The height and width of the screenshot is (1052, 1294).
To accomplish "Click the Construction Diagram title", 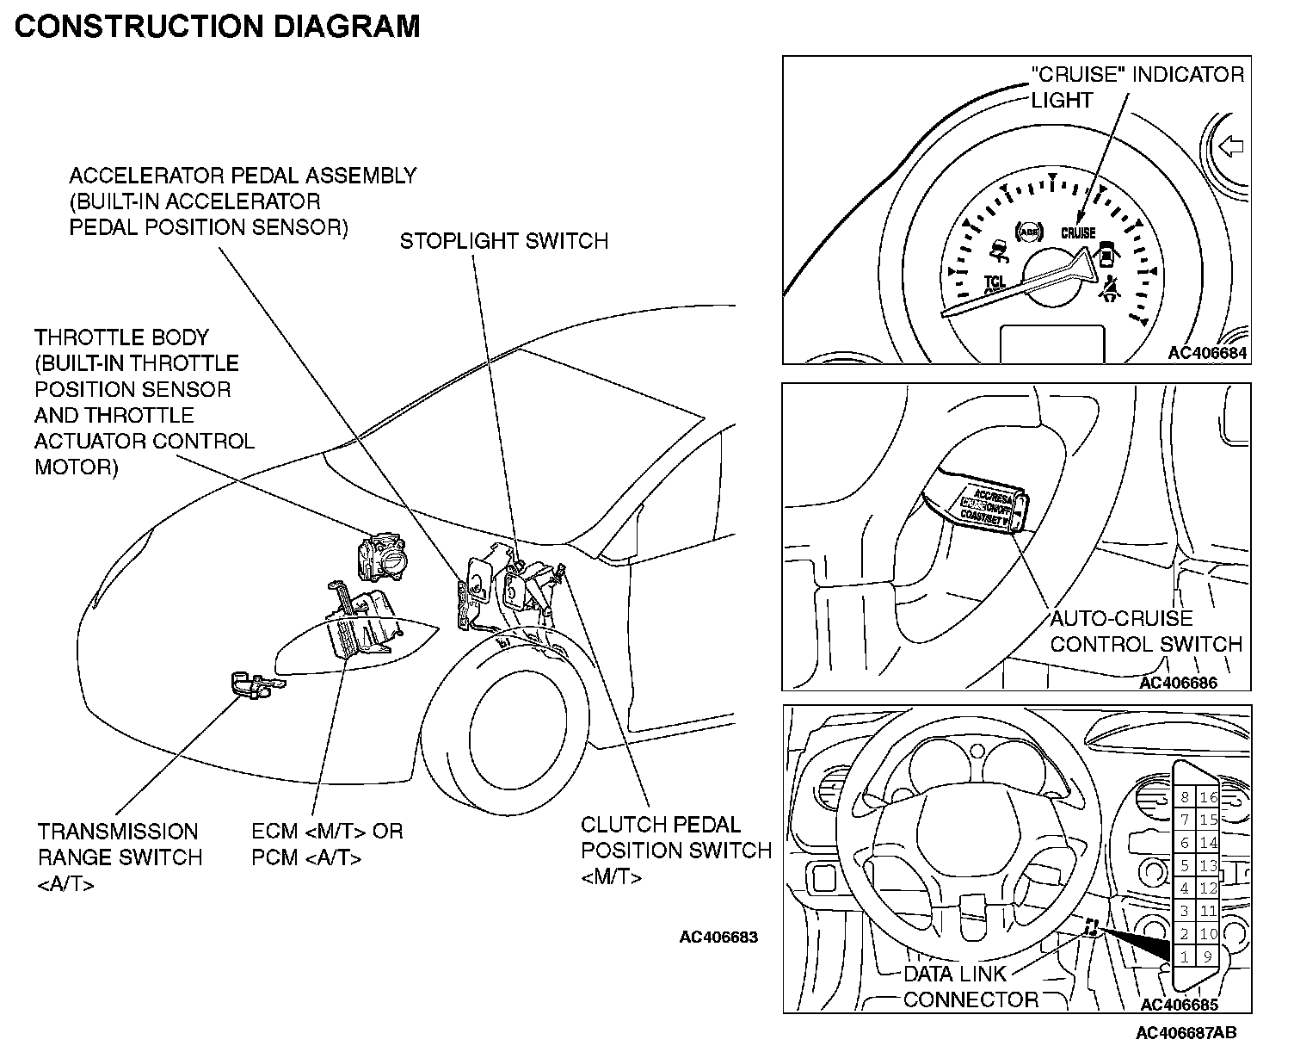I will coord(218,27).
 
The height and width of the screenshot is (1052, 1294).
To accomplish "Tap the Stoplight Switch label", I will coord(503,241).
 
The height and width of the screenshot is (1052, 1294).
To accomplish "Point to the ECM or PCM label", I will coord(327,845).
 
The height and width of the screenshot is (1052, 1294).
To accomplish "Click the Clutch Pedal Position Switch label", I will coord(675,851).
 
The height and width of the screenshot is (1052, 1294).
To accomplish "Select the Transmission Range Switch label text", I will coord(120,857).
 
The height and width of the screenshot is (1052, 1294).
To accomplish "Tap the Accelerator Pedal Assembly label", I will coord(242,201).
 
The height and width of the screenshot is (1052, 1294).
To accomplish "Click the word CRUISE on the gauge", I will coord(1078,233).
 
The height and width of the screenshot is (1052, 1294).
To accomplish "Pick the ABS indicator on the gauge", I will coord(1028,231).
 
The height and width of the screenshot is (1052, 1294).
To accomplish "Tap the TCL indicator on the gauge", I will coord(995,282).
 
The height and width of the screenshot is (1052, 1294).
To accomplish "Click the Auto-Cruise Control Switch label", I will coord(1145,631).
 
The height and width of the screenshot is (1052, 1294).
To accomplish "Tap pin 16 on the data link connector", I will coord(1209,798).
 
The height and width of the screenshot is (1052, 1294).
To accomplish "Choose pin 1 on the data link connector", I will coord(1185,956).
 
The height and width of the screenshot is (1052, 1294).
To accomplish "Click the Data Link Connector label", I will coord(970,987).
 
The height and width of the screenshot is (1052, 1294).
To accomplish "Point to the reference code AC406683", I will coord(718,937).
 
